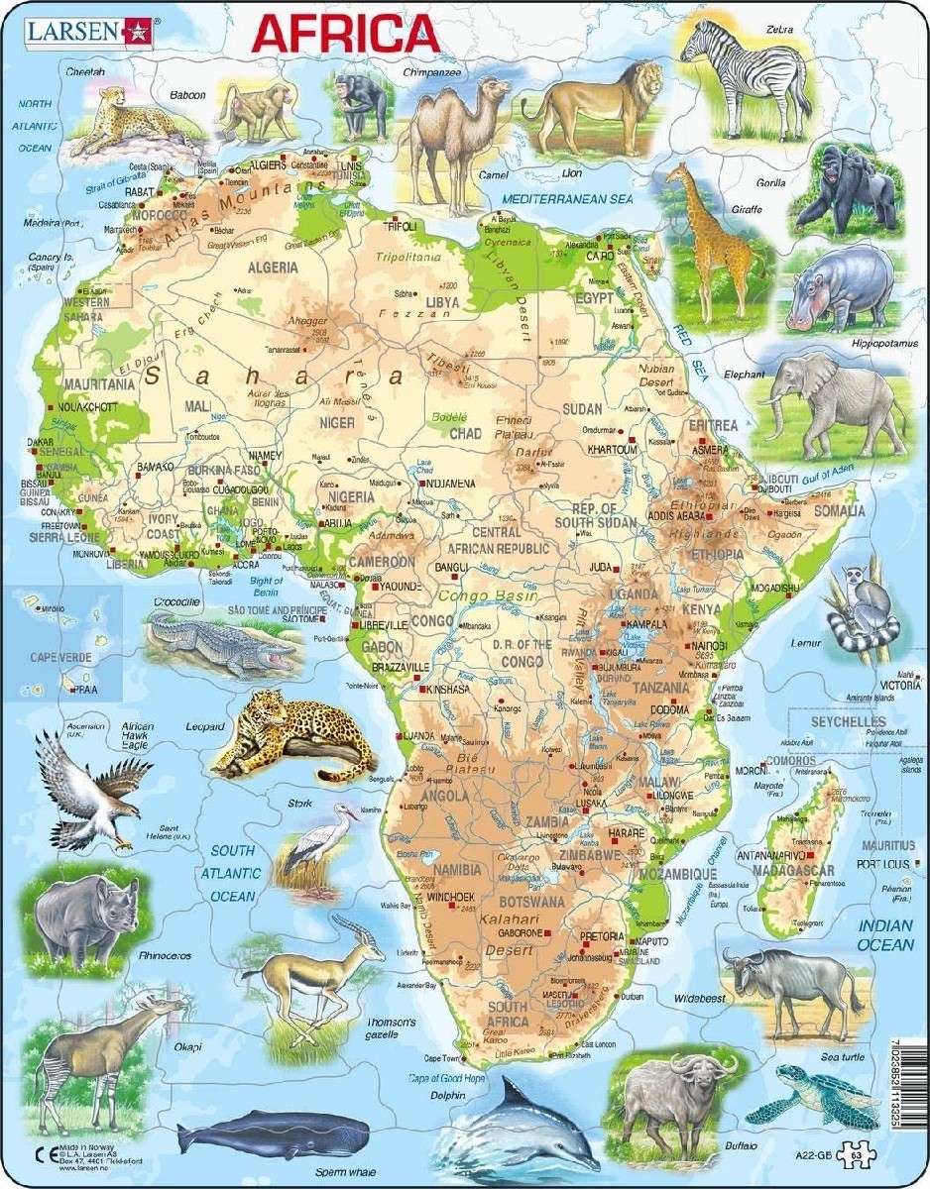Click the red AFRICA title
tap(344, 34)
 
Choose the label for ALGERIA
tap(272, 268)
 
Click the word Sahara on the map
tap(272, 378)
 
